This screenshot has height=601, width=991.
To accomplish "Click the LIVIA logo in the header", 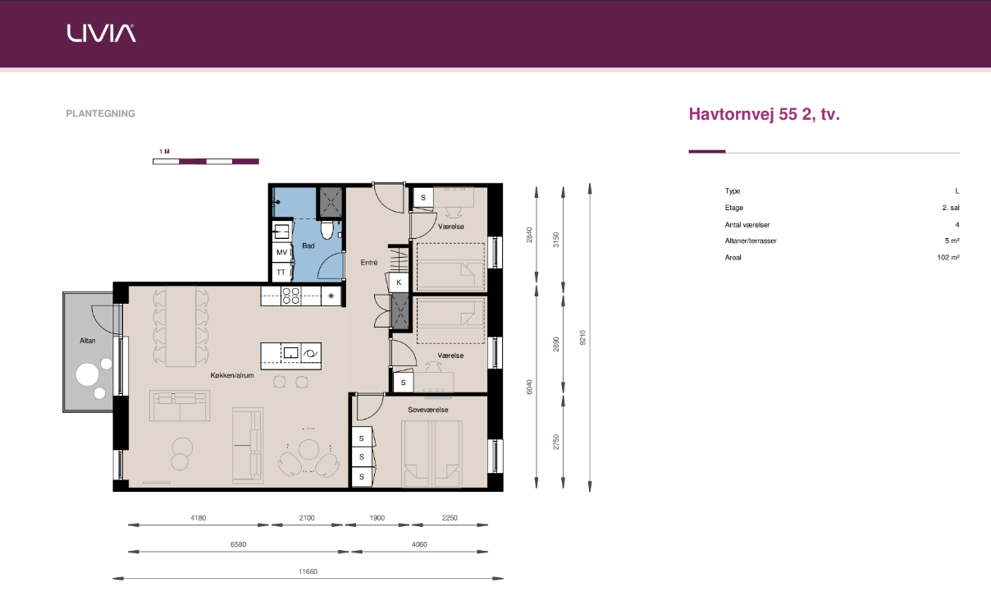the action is (x=101, y=33).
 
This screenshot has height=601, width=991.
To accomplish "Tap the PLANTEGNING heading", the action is (x=100, y=114).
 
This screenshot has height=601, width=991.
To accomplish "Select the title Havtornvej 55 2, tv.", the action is (x=764, y=114).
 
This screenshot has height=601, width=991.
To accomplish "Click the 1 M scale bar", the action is (x=206, y=161).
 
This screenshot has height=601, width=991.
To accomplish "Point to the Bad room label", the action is (x=308, y=245).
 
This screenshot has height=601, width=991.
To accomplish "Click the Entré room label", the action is (x=369, y=263).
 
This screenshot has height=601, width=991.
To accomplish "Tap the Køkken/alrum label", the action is (x=232, y=375).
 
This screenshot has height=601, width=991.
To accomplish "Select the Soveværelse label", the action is (x=427, y=410).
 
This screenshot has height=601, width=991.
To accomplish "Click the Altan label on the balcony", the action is (x=88, y=341).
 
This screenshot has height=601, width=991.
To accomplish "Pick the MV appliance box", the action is (x=282, y=252).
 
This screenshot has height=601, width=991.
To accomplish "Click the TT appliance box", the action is (x=281, y=273).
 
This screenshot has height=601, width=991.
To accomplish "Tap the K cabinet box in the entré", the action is (x=399, y=282).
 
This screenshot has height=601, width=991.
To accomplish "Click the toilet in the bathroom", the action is (x=327, y=229).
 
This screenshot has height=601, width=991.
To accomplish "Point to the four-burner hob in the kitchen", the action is (x=290, y=296).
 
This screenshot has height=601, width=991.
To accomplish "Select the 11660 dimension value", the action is (x=308, y=571).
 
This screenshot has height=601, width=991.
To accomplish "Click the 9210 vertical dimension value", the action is (x=582, y=337).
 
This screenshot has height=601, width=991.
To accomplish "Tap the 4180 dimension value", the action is (x=199, y=518).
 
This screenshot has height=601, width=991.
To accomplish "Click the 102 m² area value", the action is (x=948, y=257).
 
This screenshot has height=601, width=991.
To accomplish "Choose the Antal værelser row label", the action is (x=747, y=225).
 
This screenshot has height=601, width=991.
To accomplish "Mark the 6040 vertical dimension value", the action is (x=529, y=387).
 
